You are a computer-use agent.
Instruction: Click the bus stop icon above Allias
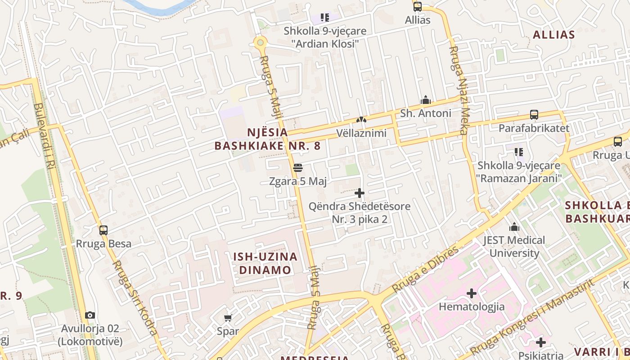click(x=418, y=7)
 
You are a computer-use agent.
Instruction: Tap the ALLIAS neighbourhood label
click(x=553, y=35)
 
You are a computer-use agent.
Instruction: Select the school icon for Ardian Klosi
click(x=325, y=18)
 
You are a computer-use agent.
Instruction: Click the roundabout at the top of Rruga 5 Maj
click(x=260, y=43)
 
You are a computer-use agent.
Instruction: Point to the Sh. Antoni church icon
click(x=425, y=100)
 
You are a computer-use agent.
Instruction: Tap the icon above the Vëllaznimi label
click(x=361, y=120)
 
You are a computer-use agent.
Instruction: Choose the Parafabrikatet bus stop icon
click(x=534, y=115)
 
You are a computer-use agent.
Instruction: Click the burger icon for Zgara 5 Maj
click(x=297, y=168)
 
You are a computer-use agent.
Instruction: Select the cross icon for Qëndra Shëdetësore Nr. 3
click(x=359, y=193)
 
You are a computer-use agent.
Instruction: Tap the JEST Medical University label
click(x=514, y=246)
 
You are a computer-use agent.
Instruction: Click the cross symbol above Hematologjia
click(x=471, y=294)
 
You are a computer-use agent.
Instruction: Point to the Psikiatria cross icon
click(x=540, y=342)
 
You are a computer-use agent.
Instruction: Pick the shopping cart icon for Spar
click(x=228, y=318)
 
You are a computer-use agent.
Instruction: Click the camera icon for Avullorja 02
click(x=90, y=315)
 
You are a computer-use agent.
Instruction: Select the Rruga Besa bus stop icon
click(x=103, y=230)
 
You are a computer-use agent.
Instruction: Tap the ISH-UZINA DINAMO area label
click(x=265, y=263)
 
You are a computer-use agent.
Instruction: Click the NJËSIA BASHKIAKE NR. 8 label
click(x=267, y=139)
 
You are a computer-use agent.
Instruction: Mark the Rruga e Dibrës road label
click(x=425, y=269)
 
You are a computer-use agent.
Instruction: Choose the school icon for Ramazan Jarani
click(x=519, y=152)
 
